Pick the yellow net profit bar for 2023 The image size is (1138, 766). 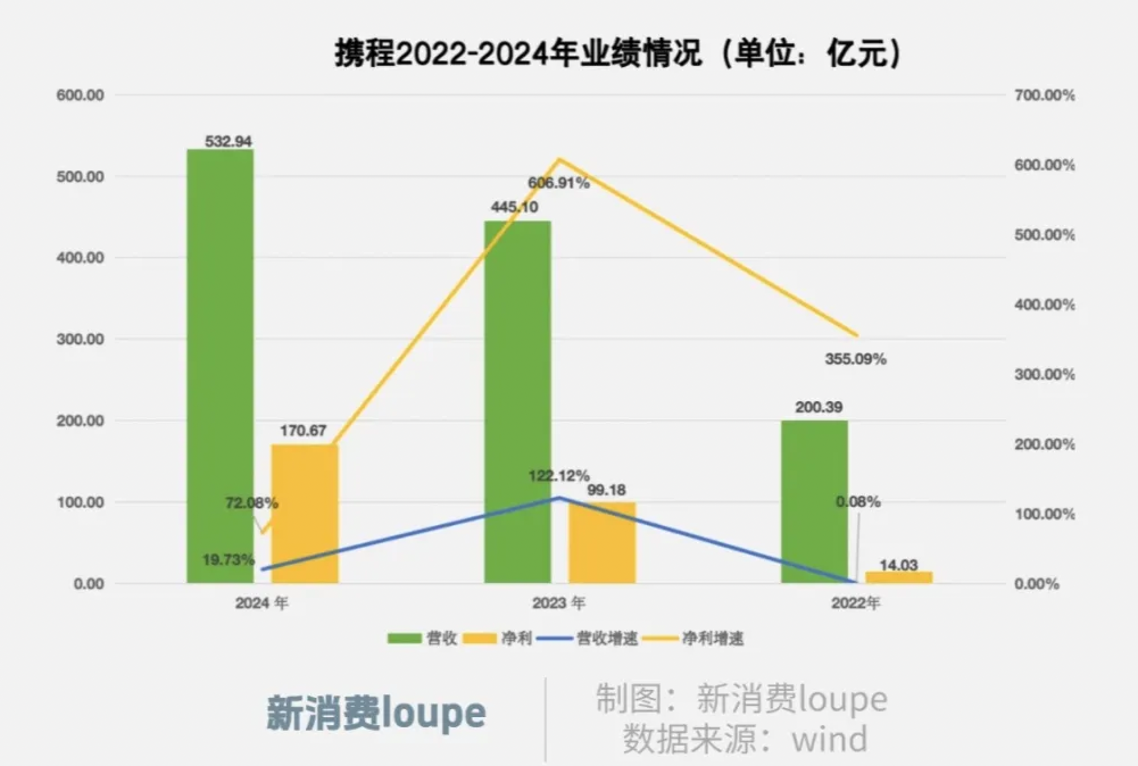pyautogui.click(x=602, y=543)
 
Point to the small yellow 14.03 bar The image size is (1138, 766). pyautogui.click(x=899, y=577)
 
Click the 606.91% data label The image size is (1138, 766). pyautogui.click(x=558, y=184)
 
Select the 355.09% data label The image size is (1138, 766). pyautogui.click(x=855, y=359)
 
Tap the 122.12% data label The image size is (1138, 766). pyautogui.click(x=558, y=476)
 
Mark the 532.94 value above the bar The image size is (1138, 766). pyautogui.click(x=228, y=141)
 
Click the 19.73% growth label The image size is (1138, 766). pyautogui.click(x=228, y=560)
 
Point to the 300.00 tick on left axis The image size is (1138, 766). pyautogui.click(x=80, y=339)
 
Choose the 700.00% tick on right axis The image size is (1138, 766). pyautogui.click(x=1044, y=95)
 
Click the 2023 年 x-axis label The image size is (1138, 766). pyautogui.click(x=558, y=603)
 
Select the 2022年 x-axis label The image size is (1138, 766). pyautogui.click(x=855, y=603)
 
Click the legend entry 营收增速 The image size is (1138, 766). pyautogui.click(x=606, y=639)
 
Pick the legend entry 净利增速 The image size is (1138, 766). pyautogui.click(x=712, y=639)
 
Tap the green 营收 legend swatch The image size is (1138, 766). pyautogui.click(x=404, y=639)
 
